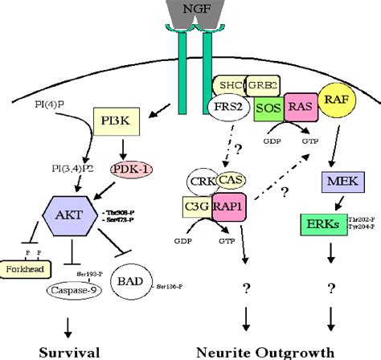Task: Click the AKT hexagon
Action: (73, 216)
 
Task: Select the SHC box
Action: (229, 88)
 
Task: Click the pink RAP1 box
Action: (231, 208)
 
